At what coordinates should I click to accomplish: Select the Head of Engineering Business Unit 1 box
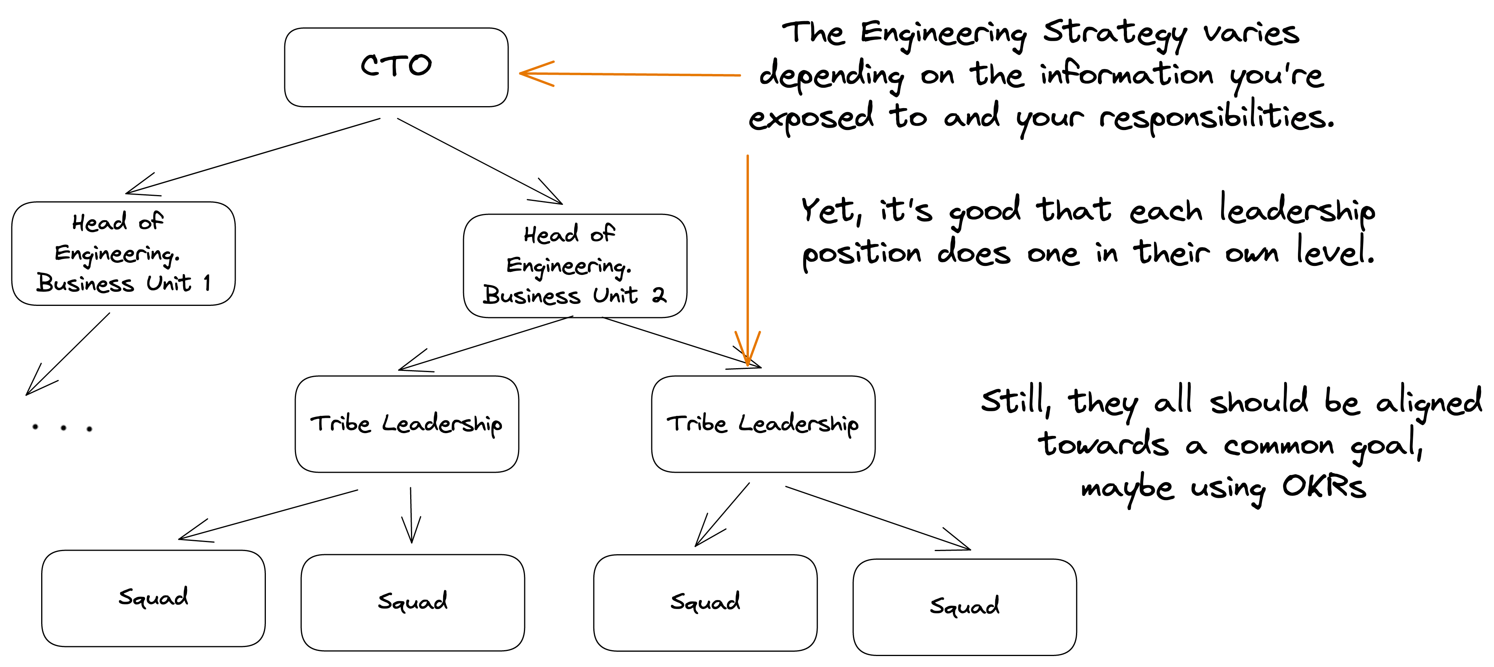pyautogui.click(x=123, y=253)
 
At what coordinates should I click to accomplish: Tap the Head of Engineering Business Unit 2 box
pyautogui.click(x=575, y=266)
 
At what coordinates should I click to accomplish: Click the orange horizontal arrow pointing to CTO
pyautogui.click(x=629, y=74)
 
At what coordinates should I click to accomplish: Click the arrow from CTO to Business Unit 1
pyautogui.click(x=253, y=156)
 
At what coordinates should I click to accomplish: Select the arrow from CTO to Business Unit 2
pyautogui.click(x=479, y=161)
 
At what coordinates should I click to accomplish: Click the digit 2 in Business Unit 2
pyautogui.click(x=658, y=296)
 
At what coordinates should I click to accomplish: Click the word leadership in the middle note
pyautogui.click(x=1297, y=211)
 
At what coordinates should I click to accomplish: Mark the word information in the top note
pyautogui.click(x=1126, y=75)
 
